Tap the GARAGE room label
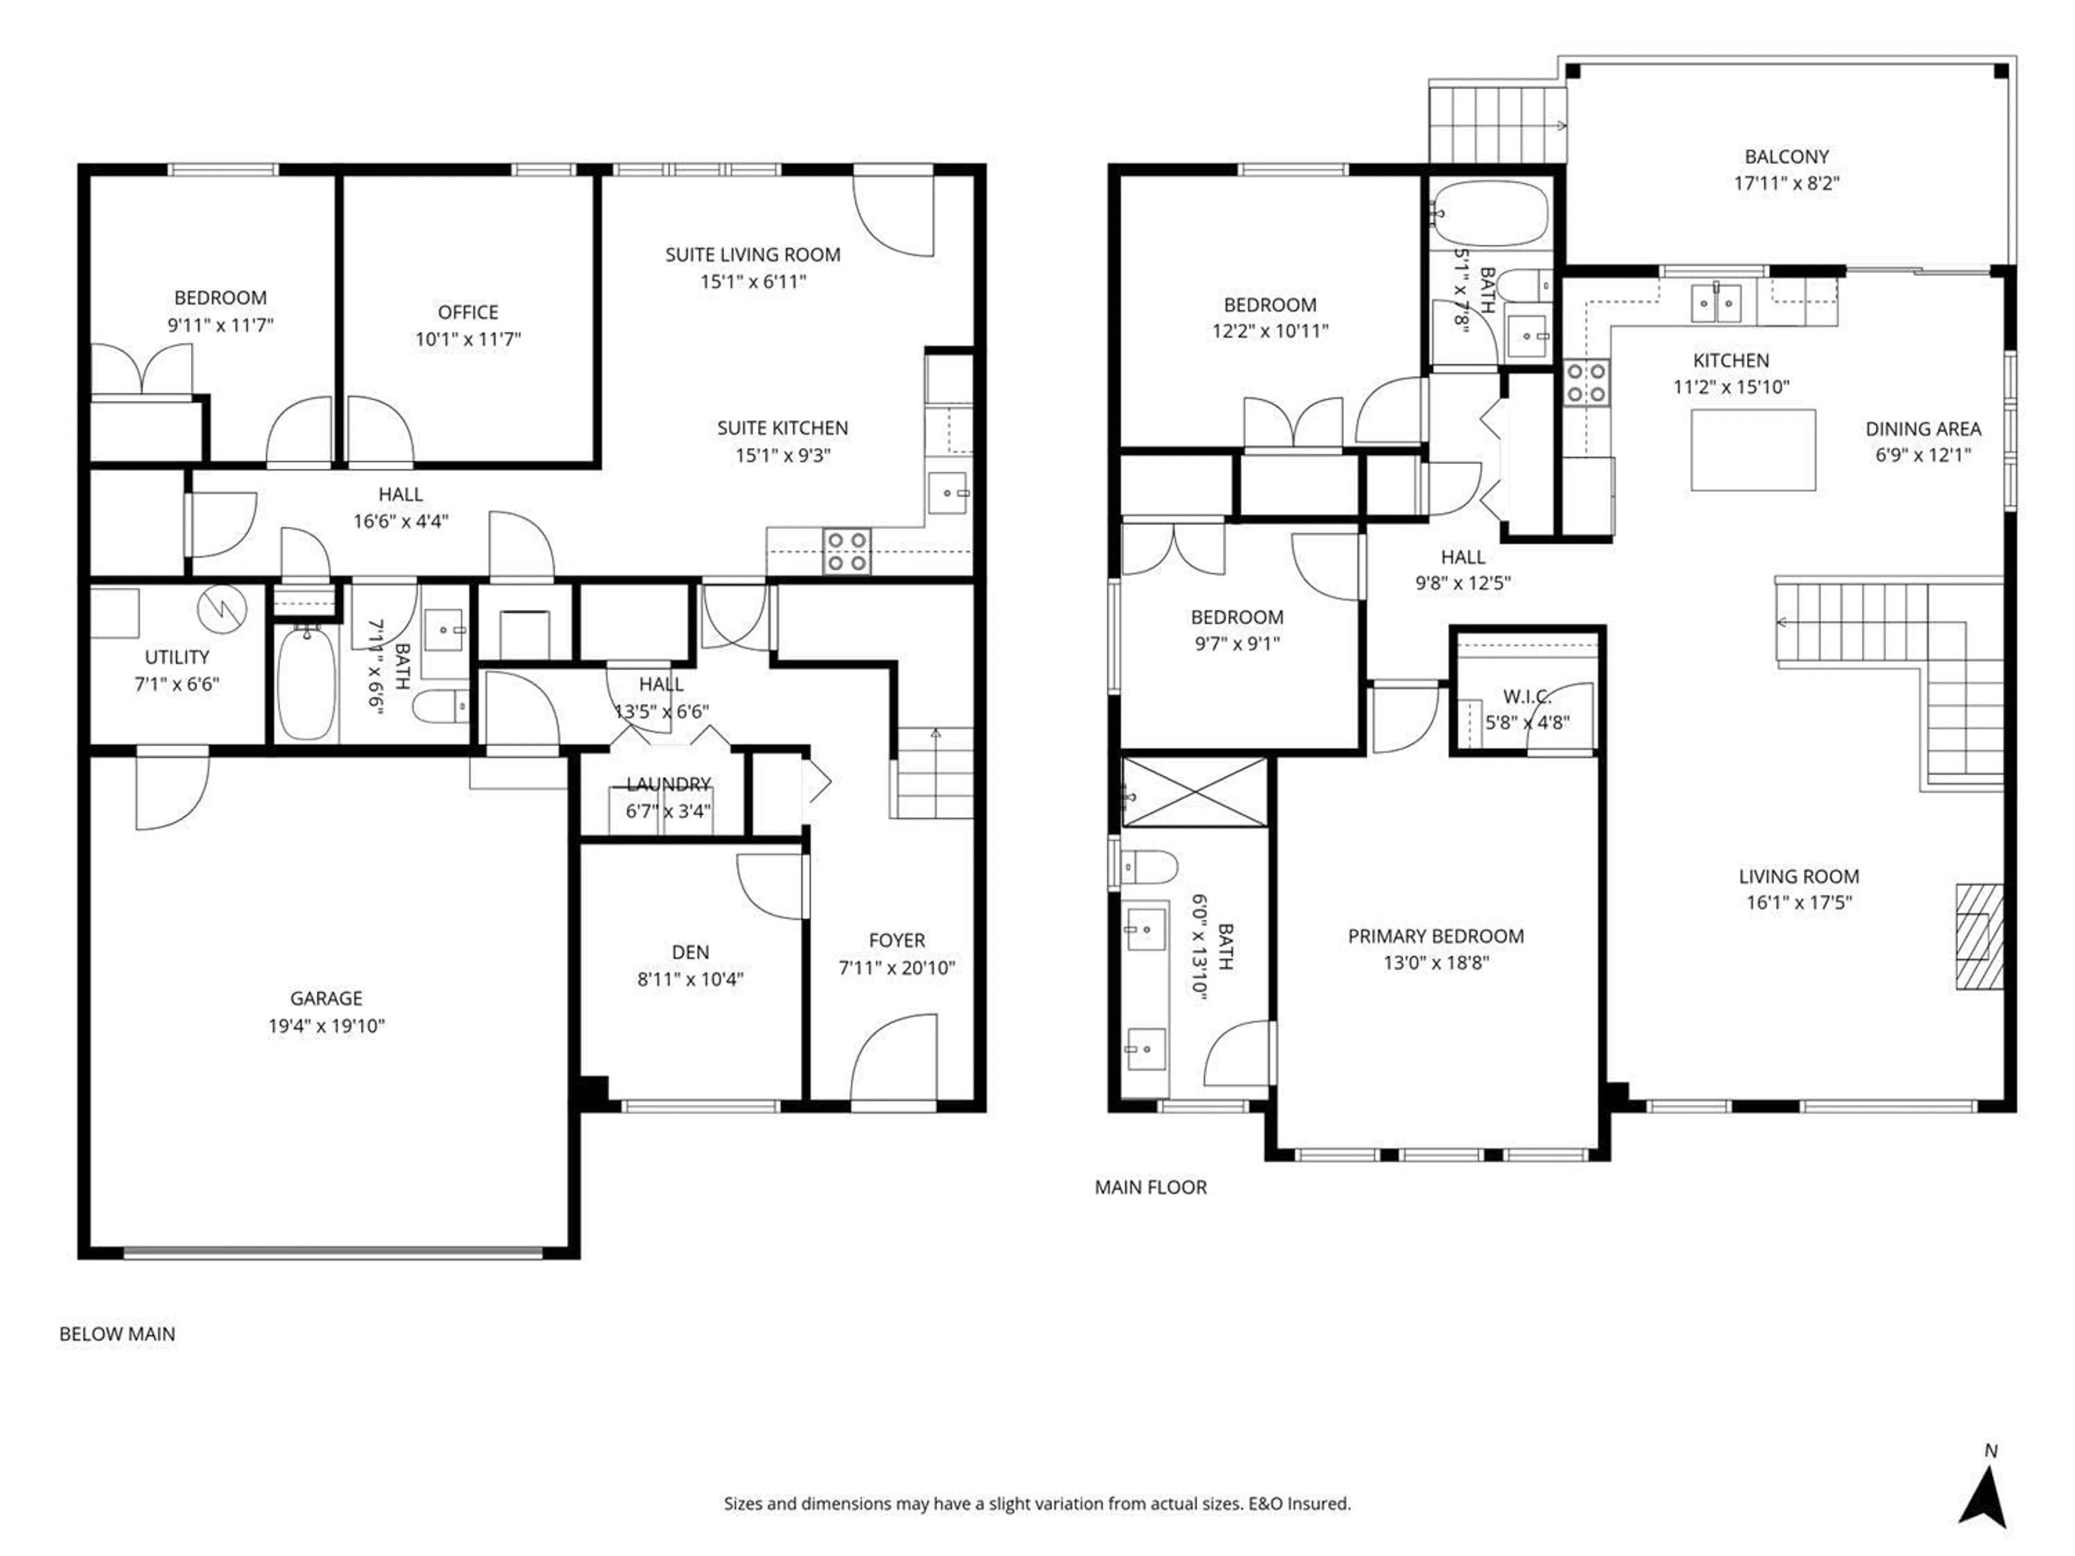click(x=325, y=998)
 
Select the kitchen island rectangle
click(x=1752, y=450)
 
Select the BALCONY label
click(x=1786, y=157)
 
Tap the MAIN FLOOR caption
click(x=1150, y=1188)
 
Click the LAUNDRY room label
click(x=668, y=784)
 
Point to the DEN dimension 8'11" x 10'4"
click(x=690, y=979)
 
